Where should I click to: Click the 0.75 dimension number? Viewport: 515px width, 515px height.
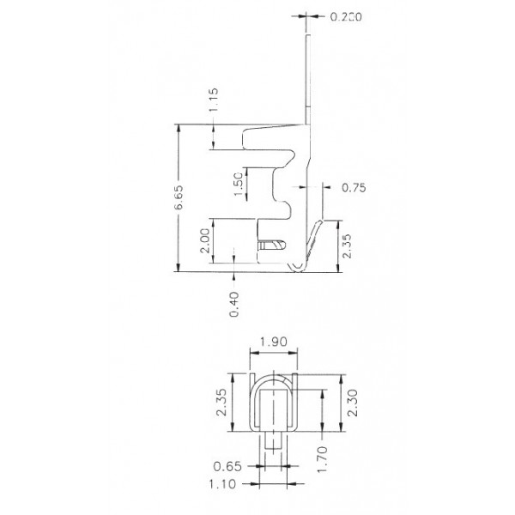(x=354, y=187)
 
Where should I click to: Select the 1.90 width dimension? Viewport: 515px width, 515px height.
(x=272, y=341)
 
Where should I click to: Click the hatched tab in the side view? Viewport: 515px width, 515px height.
(x=270, y=245)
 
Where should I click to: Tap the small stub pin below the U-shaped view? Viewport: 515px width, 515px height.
(x=272, y=441)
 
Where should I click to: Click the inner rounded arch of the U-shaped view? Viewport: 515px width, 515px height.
(x=272, y=385)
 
